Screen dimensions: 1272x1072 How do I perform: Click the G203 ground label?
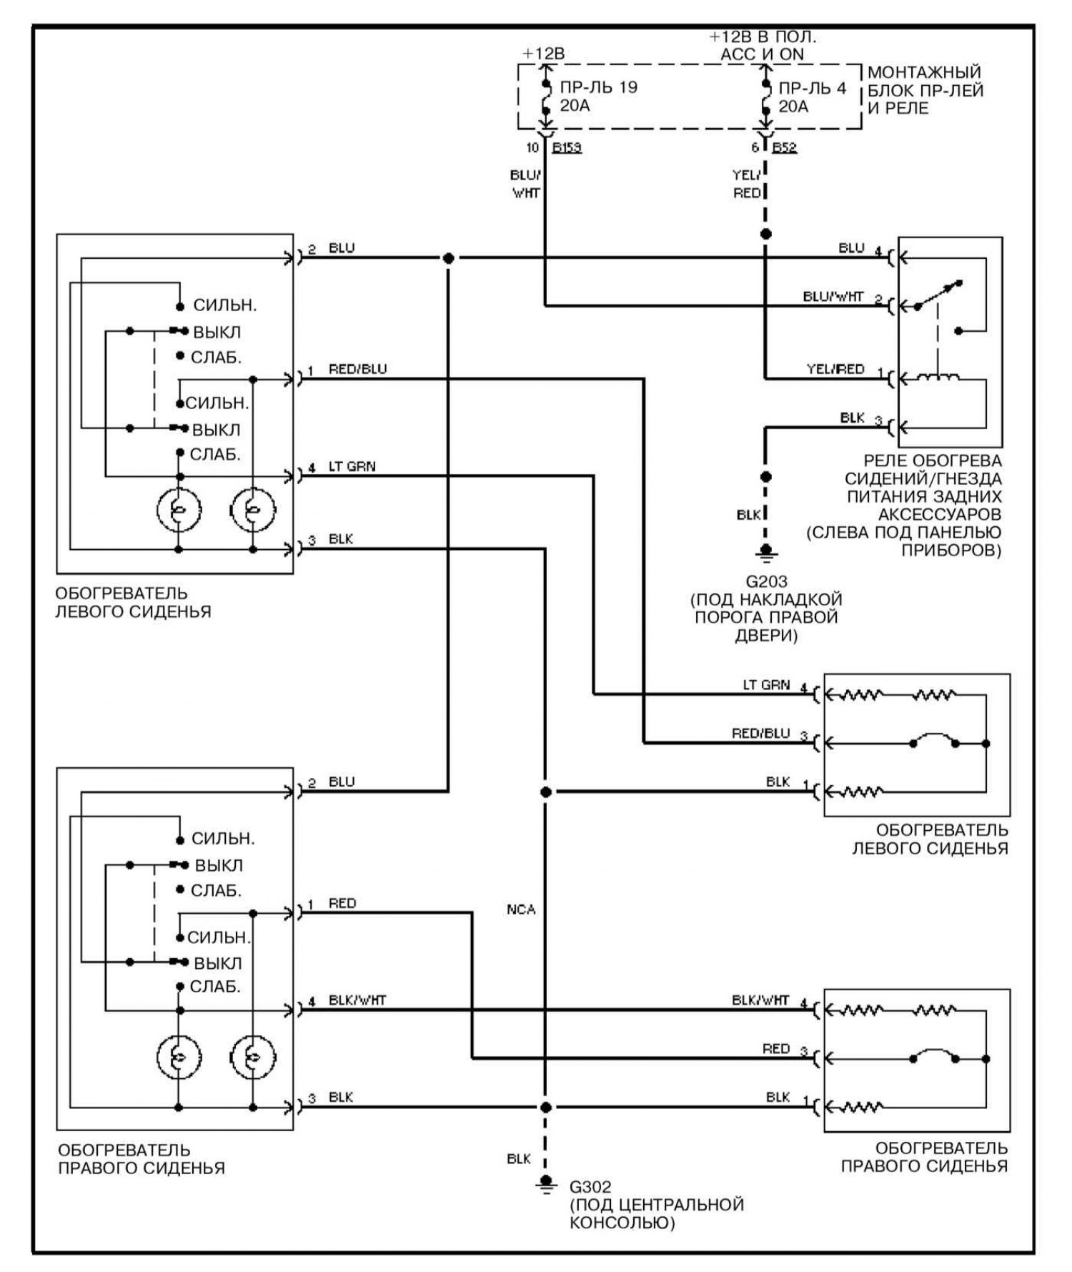766,581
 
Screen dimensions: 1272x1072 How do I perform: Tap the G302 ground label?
590,1187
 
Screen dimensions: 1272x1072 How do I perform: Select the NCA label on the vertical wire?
521,909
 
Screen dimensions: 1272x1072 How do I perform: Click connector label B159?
567,148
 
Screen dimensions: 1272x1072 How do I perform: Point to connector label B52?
785,148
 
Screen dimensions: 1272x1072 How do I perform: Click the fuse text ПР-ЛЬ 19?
598,87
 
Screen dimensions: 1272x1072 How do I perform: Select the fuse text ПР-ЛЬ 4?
812,88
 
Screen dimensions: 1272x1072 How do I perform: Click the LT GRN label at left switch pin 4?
352,467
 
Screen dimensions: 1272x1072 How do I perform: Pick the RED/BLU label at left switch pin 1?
357,369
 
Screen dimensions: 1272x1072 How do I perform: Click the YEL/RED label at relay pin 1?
835,369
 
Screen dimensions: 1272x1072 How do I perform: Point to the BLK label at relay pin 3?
852,418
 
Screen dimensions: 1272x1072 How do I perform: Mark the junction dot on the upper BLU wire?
448,258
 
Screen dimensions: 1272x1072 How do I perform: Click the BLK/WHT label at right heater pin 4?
760,1000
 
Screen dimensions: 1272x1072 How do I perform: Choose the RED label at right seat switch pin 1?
342,903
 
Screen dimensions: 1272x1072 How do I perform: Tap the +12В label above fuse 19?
543,54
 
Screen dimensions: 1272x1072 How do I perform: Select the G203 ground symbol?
765,552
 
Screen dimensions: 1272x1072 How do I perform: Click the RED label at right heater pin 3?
775,1048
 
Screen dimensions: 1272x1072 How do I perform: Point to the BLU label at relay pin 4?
851,248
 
